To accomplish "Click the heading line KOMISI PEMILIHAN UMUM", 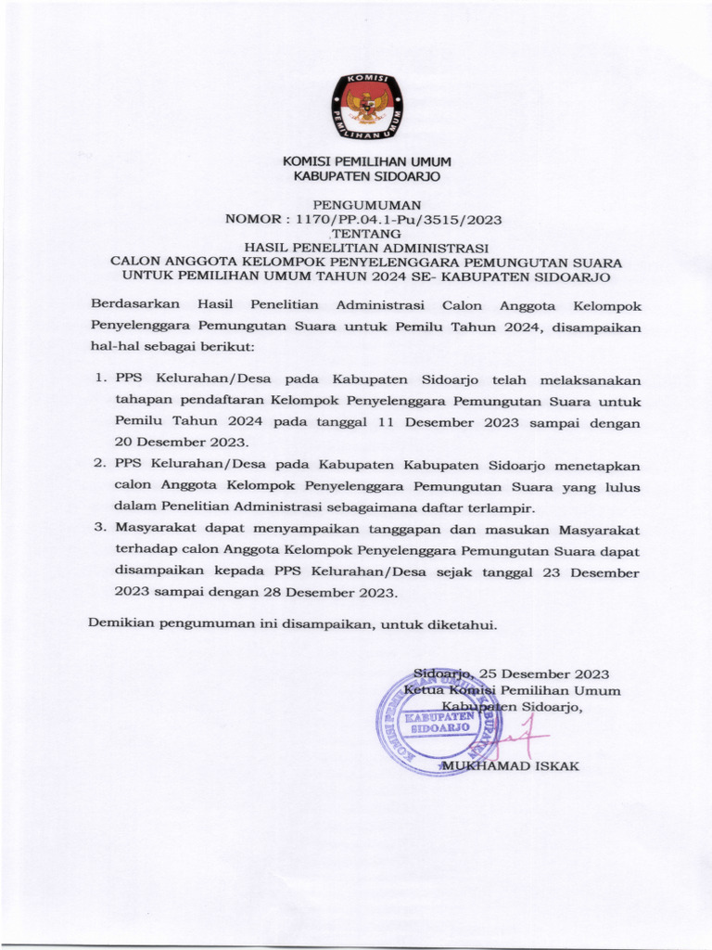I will [x=366, y=162].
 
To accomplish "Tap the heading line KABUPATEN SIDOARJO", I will [x=366, y=175].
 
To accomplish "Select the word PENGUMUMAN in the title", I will [x=366, y=204].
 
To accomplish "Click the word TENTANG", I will [x=366, y=234].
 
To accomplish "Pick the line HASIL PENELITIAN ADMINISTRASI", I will [x=366, y=248].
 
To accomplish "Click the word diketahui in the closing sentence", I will [x=462, y=623].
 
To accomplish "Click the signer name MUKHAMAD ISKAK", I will [x=511, y=766].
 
